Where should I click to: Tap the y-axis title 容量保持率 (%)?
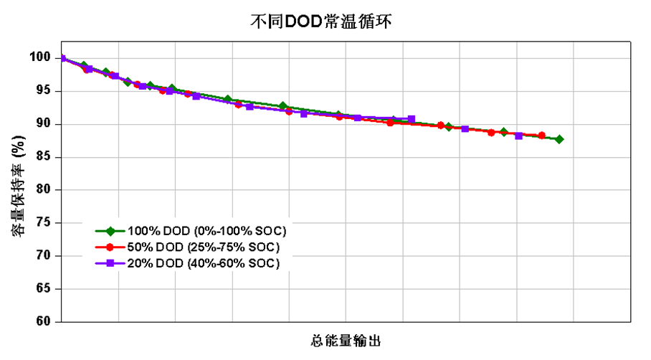click(x=19, y=189)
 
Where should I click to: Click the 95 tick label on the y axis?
click(x=43, y=91)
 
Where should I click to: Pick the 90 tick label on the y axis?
click(x=43, y=124)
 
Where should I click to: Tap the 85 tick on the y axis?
click(x=43, y=157)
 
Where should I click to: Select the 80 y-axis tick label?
click(x=43, y=190)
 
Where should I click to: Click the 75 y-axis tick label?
click(x=43, y=223)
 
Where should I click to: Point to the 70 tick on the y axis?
click(x=43, y=256)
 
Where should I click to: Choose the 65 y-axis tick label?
click(x=43, y=289)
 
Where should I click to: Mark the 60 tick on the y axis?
click(x=43, y=322)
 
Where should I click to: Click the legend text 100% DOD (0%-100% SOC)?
click(x=206, y=231)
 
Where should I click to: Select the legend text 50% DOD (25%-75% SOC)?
click(x=203, y=247)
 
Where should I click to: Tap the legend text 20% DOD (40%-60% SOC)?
click(x=203, y=264)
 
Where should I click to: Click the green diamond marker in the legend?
click(x=110, y=231)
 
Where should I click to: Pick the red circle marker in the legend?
click(x=110, y=247)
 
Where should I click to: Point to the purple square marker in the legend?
click(x=110, y=264)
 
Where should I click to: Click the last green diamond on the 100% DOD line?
click(x=559, y=139)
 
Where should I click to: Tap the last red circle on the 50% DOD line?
click(x=541, y=136)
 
